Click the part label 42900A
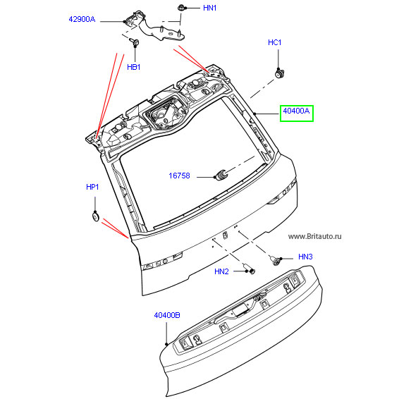pyautogui.click(x=82, y=19)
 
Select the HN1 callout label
pyautogui.click(x=209, y=8)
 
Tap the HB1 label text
pyautogui.click(x=134, y=67)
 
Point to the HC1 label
pyautogui.click(x=274, y=42)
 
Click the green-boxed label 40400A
pyautogui.click(x=296, y=111)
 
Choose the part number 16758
pyautogui.click(x=179, y=176)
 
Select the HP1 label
pyautogui.click(x=92, y=187)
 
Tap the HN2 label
pyautogui.click(x=221, y=271)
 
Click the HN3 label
pyautogui.click(x=305, y=257)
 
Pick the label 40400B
pyautogui.click(x=167, y=315)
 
